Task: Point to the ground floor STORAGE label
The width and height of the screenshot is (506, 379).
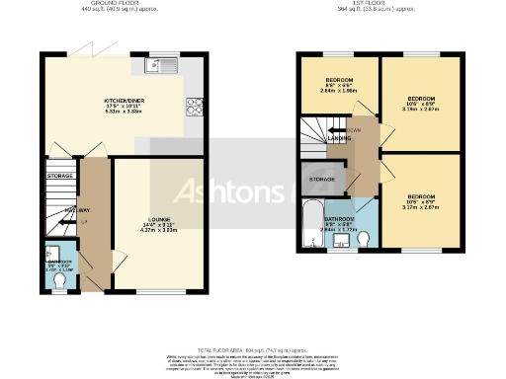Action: click(59, 176)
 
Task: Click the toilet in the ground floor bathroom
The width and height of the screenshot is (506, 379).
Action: click(58, 280)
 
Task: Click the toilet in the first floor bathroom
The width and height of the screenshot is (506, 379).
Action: click(364, 239)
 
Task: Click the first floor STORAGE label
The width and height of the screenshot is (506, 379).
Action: click(322, 180)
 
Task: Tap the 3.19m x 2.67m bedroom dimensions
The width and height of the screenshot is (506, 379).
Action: click(421, 111)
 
